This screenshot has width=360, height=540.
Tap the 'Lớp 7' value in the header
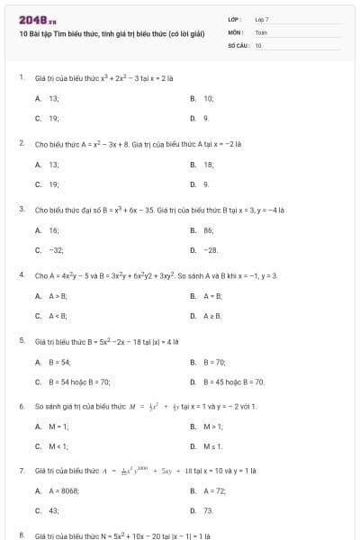(x=262, y=19)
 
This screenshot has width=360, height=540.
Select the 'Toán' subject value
(x=261, y=31)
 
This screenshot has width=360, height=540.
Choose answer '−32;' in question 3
(x=56, y=250)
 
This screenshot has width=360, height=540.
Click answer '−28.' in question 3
(x=211, y=250)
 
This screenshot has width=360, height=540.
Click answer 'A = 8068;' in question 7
(x=64, y=491)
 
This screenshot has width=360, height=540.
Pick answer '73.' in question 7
(x=208, y=511)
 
